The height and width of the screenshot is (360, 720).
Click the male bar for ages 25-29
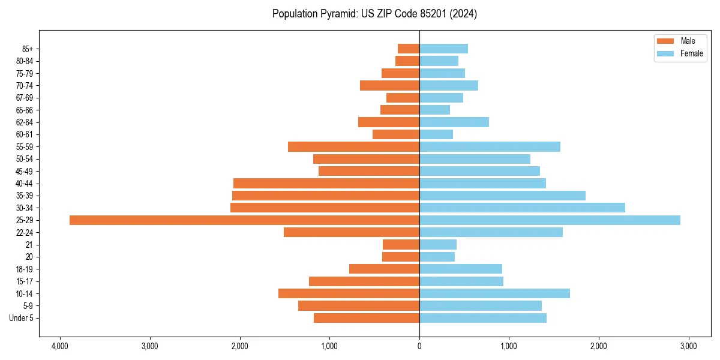(244, 220)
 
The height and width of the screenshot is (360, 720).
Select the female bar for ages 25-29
(550, 220)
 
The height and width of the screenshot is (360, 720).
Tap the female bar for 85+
(443, 49)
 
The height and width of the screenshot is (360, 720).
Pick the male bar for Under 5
(367, 318)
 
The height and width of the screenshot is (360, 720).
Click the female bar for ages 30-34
(522, 208)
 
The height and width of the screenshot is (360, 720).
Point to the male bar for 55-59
(353, 146)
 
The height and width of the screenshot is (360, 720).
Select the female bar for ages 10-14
(494, 293)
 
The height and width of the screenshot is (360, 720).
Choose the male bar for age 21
(401, 245)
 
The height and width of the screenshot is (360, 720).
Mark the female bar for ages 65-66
(434, 110)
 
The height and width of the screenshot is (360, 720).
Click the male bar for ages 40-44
(326, 184)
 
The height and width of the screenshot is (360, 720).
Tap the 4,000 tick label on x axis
(60, 346)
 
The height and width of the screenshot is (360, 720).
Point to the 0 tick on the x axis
(419, 346)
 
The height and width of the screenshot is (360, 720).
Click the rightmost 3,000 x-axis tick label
(688, 346)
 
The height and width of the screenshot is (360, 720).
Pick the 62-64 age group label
(25, 122)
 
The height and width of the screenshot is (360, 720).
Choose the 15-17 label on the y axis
(25, 281)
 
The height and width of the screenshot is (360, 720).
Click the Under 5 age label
(21, 318)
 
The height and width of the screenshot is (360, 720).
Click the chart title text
(374, 14)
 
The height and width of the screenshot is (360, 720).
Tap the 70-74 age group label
(25, 86)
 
